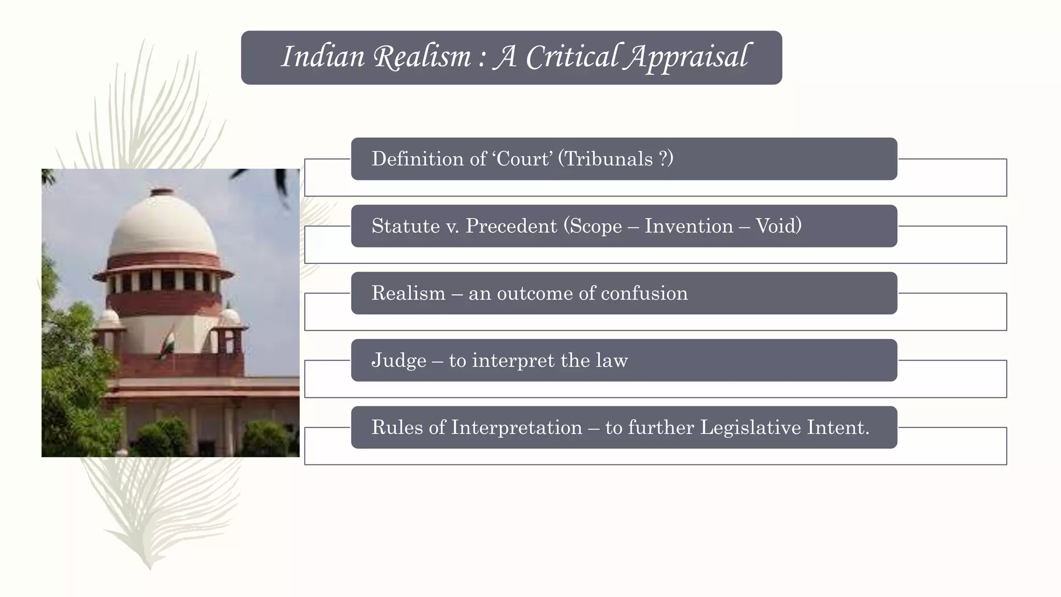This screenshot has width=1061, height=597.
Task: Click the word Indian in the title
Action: (x=323, y=56)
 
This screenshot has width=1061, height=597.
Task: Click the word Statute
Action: (x=406, y=226)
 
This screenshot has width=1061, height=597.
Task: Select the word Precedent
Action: (x=511, y=226)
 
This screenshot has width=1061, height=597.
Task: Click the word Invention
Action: (x=689, y=226)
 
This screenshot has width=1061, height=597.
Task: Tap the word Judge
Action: (x=399, y=361)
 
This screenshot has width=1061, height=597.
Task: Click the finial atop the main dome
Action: (x=162, y=192)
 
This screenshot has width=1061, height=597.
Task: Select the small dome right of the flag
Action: (x=230, y=316)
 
